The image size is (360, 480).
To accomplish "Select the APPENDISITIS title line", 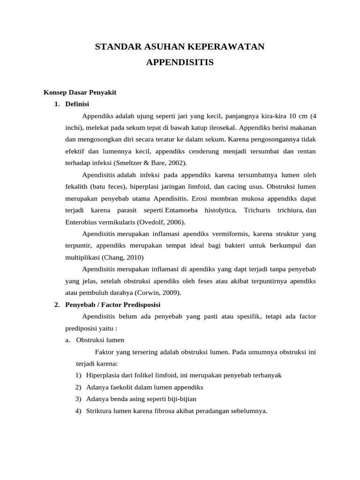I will click(x=180, y=62).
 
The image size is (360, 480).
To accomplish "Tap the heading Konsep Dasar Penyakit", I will click(x=80, y=92).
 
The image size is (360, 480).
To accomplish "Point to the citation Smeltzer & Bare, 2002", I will click(x=147, y=163).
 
